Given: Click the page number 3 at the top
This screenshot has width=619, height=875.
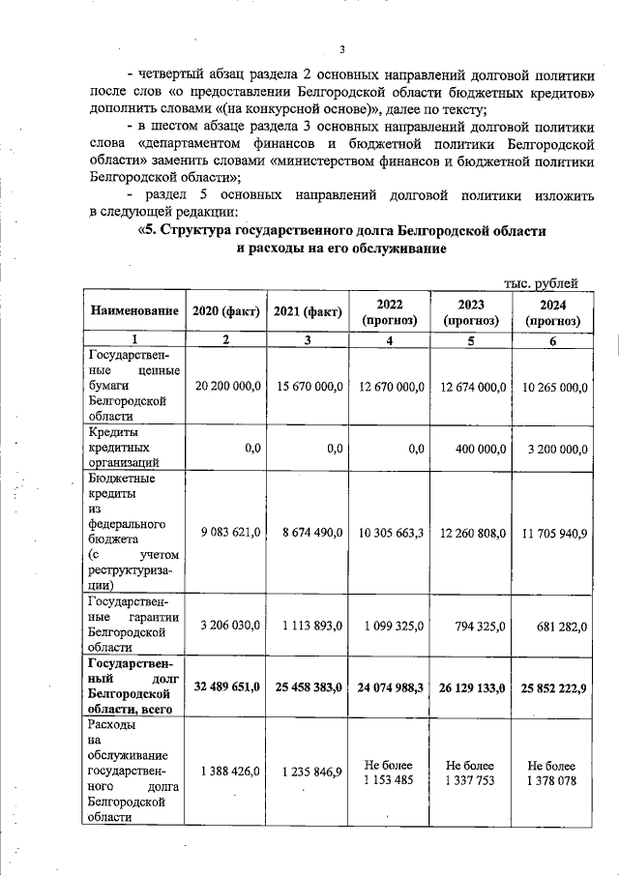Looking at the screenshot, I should pyautogui.click(x=341, y=50).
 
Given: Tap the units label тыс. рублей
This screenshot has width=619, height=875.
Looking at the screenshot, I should pyautogui.click(x=542, y=282).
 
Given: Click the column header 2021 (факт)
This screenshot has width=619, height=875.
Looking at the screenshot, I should pyautogui.click(x=308, y=310).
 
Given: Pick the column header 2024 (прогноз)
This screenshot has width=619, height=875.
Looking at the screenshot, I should pyautogui.click(x=552, y=310).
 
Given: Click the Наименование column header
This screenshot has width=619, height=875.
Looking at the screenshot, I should pyautogui.click(x=135, y=310).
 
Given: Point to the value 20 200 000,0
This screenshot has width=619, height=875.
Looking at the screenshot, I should pyautogui.click(x=228, y=386).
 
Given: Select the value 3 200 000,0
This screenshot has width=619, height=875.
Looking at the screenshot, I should pyautogui.click(x=553, y=448).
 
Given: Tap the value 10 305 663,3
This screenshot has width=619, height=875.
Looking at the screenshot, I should pyautogui.click(x=390, y=532).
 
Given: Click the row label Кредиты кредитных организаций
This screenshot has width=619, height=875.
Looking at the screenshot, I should pyautogui.click(x=122, y=448).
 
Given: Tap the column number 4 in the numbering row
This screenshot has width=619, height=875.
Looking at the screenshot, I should pyautogui.click(x=390, y=339).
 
